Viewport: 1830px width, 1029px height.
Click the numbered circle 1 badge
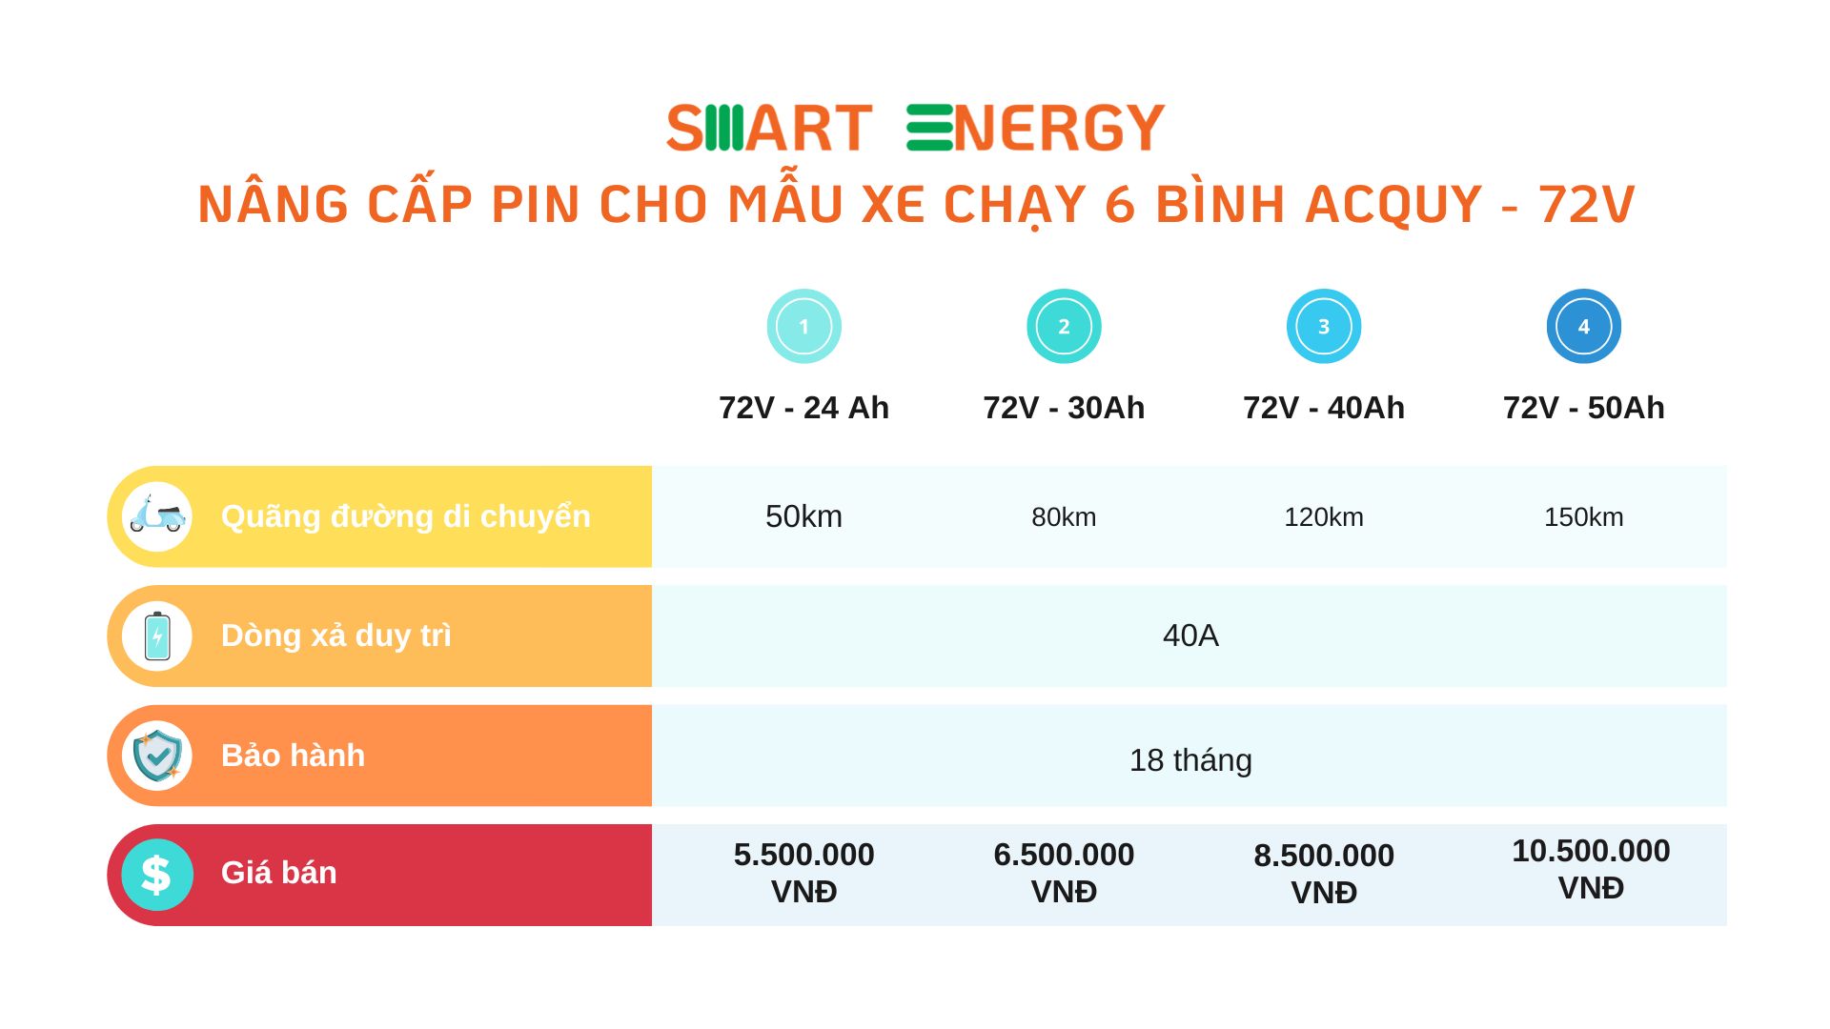[803, 326]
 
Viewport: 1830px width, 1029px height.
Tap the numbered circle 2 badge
[1064, 326]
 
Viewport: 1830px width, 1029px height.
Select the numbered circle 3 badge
[1323, 326]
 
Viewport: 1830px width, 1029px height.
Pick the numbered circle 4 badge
[1583, 326]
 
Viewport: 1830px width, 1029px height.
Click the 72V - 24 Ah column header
[803, 408]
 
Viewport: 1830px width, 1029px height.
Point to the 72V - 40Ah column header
[1323, 408]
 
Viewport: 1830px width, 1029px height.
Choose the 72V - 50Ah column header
[1583, 408]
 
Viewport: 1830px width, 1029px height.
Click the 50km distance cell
[803, 516]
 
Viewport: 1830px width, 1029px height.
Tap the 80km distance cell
[1064, 517]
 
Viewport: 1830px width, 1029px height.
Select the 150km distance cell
[1583, 517]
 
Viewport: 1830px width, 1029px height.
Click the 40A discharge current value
[1190, 636]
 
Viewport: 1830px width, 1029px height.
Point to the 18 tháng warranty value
[1190, 760]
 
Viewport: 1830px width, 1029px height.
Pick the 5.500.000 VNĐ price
[803, 873]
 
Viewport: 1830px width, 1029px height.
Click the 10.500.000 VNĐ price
[1591, 869]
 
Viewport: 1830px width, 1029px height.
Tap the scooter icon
[157, 516]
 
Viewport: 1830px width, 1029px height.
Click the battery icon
[157, 636]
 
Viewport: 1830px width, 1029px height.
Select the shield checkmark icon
[157, 756]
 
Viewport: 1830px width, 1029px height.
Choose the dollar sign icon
[157, 875]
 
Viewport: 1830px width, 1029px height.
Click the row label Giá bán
[278, 873]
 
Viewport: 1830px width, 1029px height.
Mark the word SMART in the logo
[769, 128]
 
